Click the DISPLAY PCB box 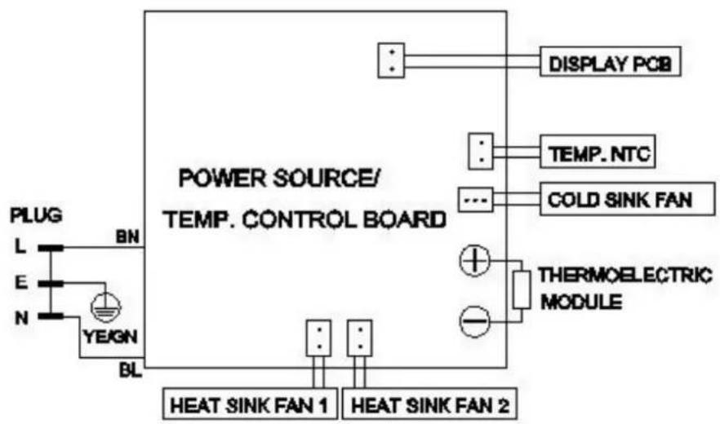click(611, 61)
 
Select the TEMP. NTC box click(598, 152)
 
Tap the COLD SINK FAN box click(627, 199)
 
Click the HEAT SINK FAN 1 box click(251, 404)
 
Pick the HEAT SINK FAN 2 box click(429, 404)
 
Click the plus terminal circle click(475, 261)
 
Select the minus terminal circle click(475, 321)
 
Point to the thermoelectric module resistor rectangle click(522, 289)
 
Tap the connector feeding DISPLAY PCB click(391, 60)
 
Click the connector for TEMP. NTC click(481, 151)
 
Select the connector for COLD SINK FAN click(476, 200)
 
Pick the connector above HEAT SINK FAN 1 click(318, 338)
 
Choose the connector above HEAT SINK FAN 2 click(359, 338)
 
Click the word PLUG click(36, 216)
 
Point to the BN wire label click(127, 236)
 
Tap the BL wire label click(130, 370)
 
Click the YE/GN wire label click(110, 337)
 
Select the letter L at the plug click(20, 247)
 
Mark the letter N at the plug click(21, 317)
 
